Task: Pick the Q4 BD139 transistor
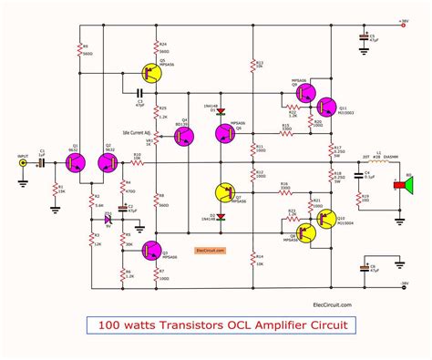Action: point(187,134)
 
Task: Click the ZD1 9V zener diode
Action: point(108,219)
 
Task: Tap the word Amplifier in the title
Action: point(271,324)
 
